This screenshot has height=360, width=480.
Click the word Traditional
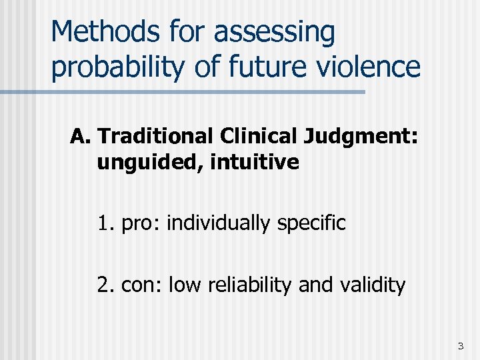(x=155, y=137)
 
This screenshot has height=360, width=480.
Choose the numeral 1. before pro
(x=106, y=223)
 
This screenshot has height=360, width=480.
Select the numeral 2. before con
(x=106, y=285)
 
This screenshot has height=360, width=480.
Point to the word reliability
(x=252, y=286)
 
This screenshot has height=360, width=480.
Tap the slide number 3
(x=460, y=346)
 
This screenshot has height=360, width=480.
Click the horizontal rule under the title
(x=183, y=92)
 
